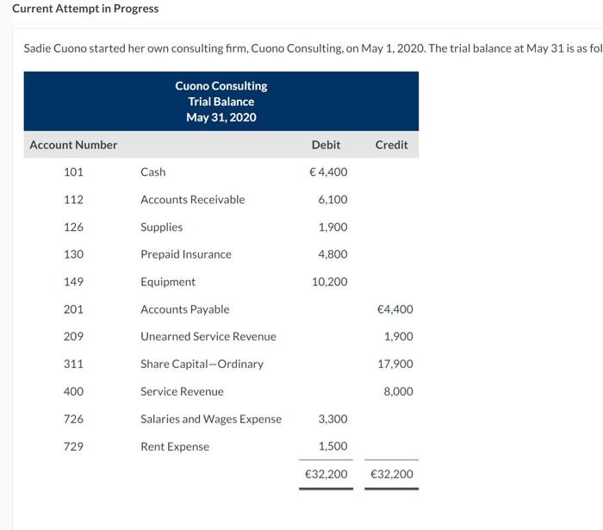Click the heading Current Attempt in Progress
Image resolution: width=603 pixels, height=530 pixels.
85,9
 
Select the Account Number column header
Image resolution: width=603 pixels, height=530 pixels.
73,145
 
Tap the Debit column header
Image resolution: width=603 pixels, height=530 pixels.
326,145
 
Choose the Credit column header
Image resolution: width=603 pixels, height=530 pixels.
391,145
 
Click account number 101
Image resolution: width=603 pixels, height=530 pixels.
73,172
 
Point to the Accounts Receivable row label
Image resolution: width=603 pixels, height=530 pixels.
192,200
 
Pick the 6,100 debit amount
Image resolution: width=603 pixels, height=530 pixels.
333,200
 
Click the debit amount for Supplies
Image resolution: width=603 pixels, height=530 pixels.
333,228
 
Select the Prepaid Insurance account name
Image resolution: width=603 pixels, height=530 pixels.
185,254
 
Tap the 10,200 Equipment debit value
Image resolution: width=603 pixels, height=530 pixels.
329,282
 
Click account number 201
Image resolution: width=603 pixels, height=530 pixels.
73,309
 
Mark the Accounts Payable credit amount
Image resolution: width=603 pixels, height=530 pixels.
395,309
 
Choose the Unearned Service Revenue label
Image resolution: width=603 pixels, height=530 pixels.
208,337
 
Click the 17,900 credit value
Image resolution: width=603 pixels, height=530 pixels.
395,365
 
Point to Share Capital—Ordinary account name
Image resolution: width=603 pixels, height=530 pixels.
202,365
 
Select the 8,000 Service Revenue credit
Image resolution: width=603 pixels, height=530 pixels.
398,392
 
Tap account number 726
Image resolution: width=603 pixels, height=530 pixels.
73,420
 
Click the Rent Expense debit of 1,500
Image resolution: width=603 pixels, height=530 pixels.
333,446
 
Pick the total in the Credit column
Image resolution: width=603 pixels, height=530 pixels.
391,474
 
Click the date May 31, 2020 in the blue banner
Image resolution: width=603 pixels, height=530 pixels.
221,117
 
